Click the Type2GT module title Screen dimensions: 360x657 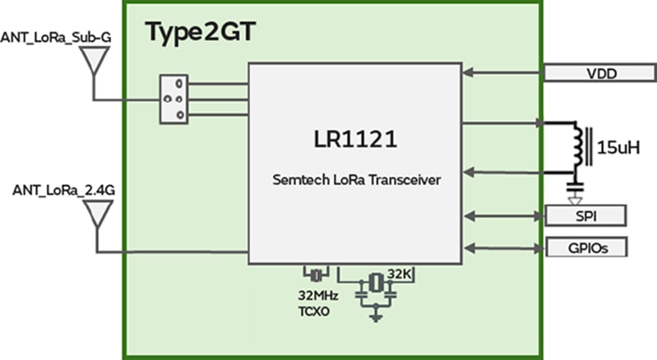pos(201,33)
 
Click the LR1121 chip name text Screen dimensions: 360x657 pos(354,140)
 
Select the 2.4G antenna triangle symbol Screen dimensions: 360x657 pos(96,213)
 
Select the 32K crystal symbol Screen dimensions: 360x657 pos(376,282)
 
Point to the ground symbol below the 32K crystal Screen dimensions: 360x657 pos(376,316)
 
